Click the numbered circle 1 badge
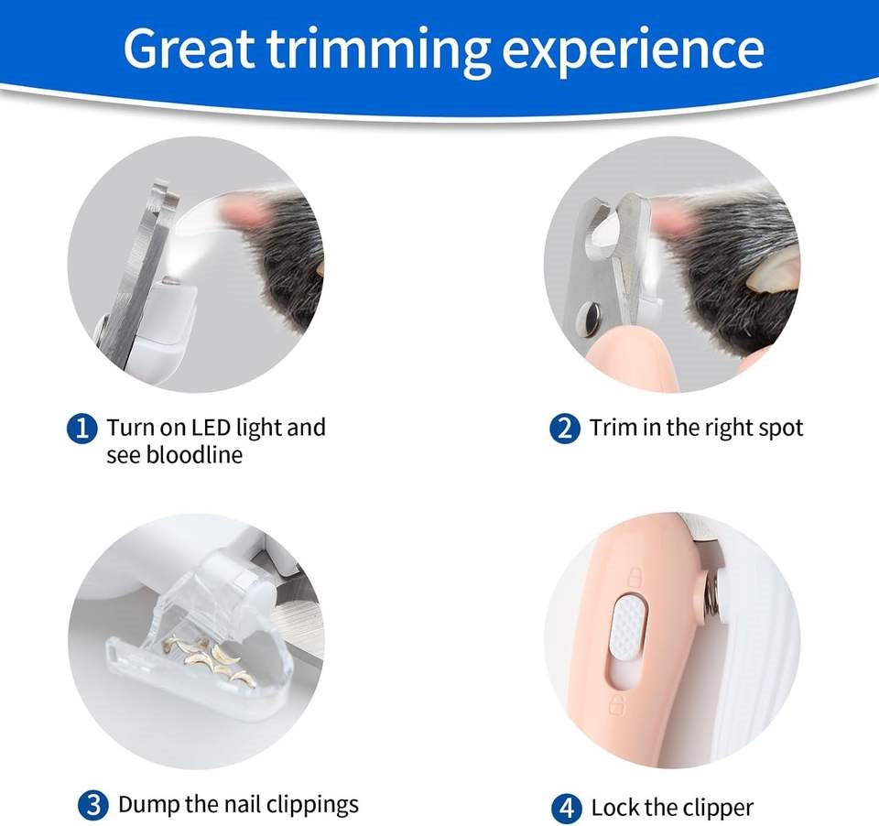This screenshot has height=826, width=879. [82, 428]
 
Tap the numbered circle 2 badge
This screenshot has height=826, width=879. [565, 428]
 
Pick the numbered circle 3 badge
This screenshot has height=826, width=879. [92, 806]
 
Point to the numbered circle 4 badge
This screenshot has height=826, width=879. [568, 809]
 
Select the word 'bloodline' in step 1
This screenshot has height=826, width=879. [192, 454]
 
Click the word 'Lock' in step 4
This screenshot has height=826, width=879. [613, 808]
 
